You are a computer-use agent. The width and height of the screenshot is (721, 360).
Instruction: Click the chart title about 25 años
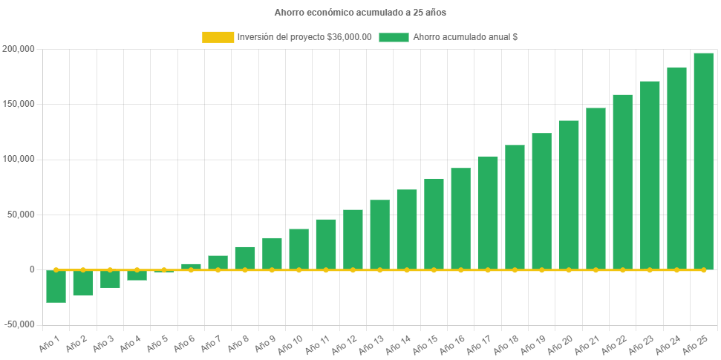pos(360,13)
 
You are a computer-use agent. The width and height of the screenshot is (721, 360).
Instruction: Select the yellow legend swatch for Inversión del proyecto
pos(217,37)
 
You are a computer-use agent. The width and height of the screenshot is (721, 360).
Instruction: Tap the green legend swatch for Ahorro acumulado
pos(394,37)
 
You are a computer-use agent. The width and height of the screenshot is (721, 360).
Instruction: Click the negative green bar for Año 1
pos(56,287)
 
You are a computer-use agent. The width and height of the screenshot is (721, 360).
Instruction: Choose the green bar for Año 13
pos(379,235)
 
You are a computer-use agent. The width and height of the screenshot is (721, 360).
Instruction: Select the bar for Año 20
pos(569,194)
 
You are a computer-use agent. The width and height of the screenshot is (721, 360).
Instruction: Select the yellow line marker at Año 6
pos(191,270)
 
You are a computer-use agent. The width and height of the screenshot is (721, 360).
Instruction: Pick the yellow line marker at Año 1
pos(56,270)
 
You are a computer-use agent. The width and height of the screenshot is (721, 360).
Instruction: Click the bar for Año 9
pos(272,253)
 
